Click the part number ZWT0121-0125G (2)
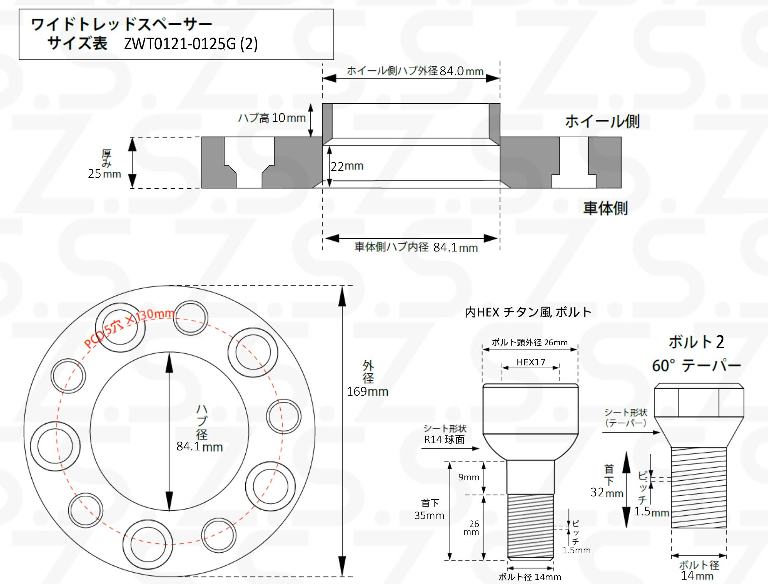(x=191, y=44)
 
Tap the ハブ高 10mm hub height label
(x=272, y=118)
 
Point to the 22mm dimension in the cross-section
(x=347, y=166)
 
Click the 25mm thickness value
(x=104, y=174)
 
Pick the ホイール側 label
(x=602, y=121)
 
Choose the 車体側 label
(x=606, y=208)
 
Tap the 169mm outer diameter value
(x=368, y=391)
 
